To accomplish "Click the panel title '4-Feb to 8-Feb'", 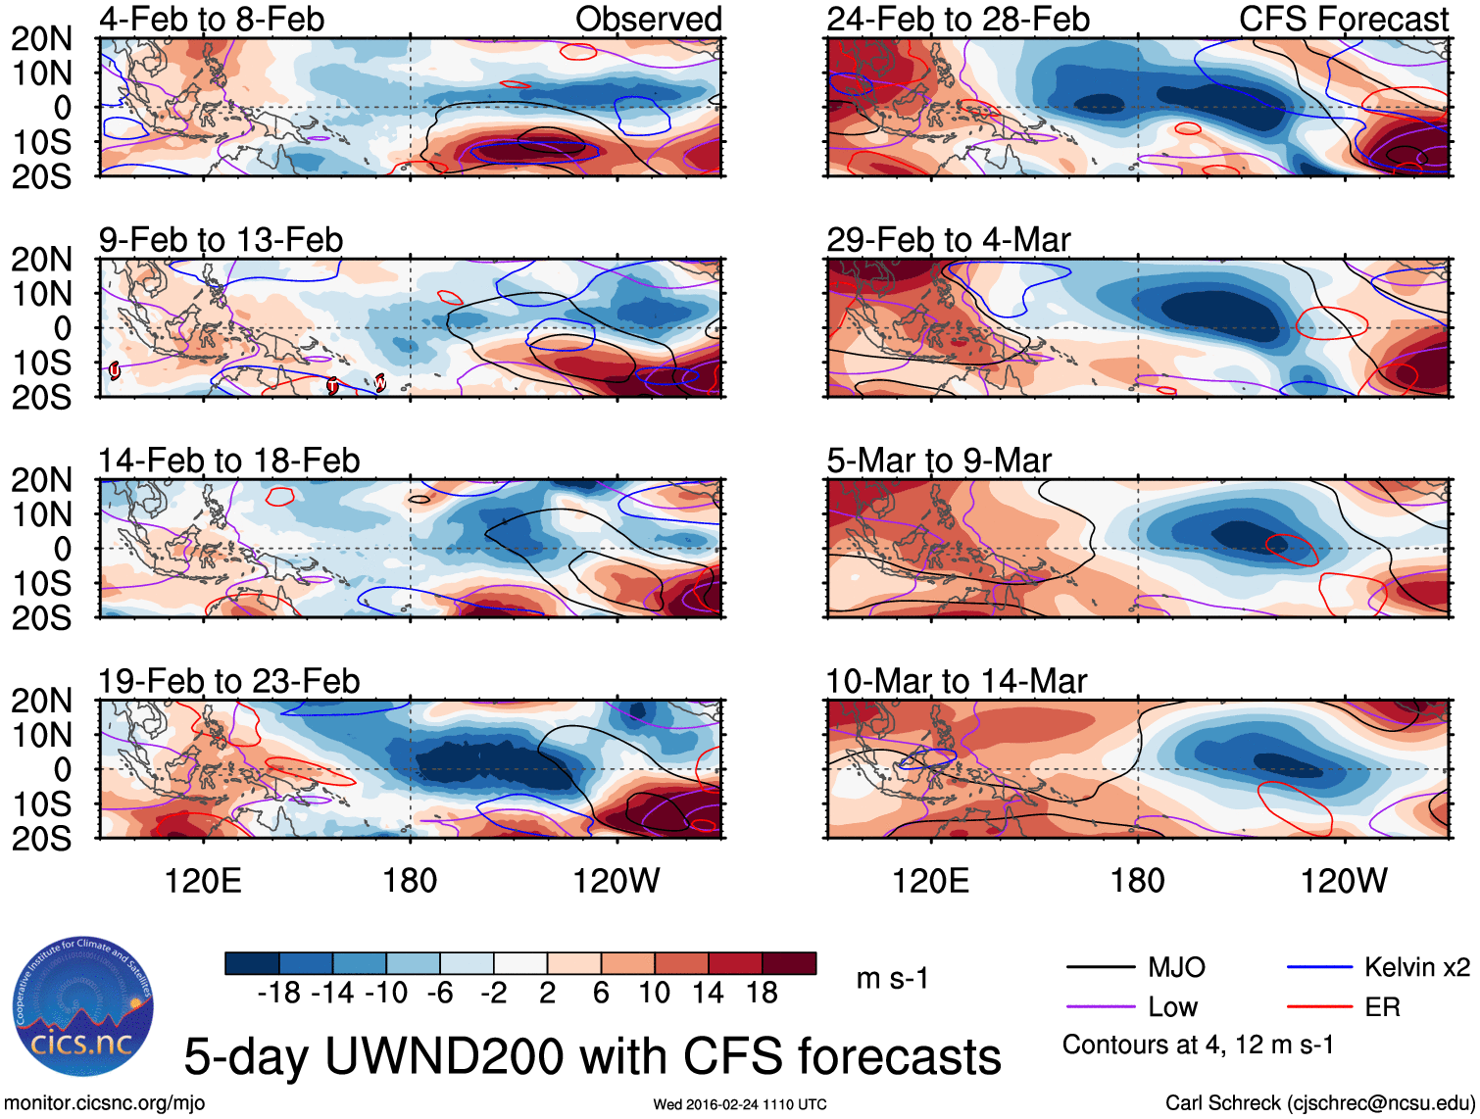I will pyautogui.click(x=212, y=19).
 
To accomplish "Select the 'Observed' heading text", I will pyautogui.click(x=648, y=19).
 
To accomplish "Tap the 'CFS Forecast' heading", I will pyautogui.click(x=1343, y=19).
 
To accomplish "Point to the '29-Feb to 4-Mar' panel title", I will pyautogui.click(x=948, y=240).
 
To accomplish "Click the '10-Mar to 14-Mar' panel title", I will pyautogui.click(x=956, y=681).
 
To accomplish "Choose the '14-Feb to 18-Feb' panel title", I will pyautogui.click(x=229, y=461).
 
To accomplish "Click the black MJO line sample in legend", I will pyautogui.click(x=1100, y=968).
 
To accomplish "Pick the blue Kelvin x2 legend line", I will pyautogui.click(x=1319, y=968).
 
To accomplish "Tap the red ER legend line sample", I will pyautogui.click(x=1319, y=1007).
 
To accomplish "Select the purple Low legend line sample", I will pyautogui.click(x=1100, y=1007).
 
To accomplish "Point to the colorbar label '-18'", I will pyautogui.click(x=279, y=993).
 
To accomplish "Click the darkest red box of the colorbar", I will pyautogui.click(x=789, y=963).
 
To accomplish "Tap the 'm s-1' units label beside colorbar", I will pyautogui.click(x=892, y=978).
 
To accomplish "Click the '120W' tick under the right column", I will pyautogui.click(x=1344, y=881).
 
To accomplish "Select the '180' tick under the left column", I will pyautogui.click(x=410, y=881).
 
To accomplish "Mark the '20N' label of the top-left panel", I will pyautogui.click(x=42, y=39).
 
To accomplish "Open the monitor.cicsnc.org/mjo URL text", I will pyautogui.click(x=105, y=1103).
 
